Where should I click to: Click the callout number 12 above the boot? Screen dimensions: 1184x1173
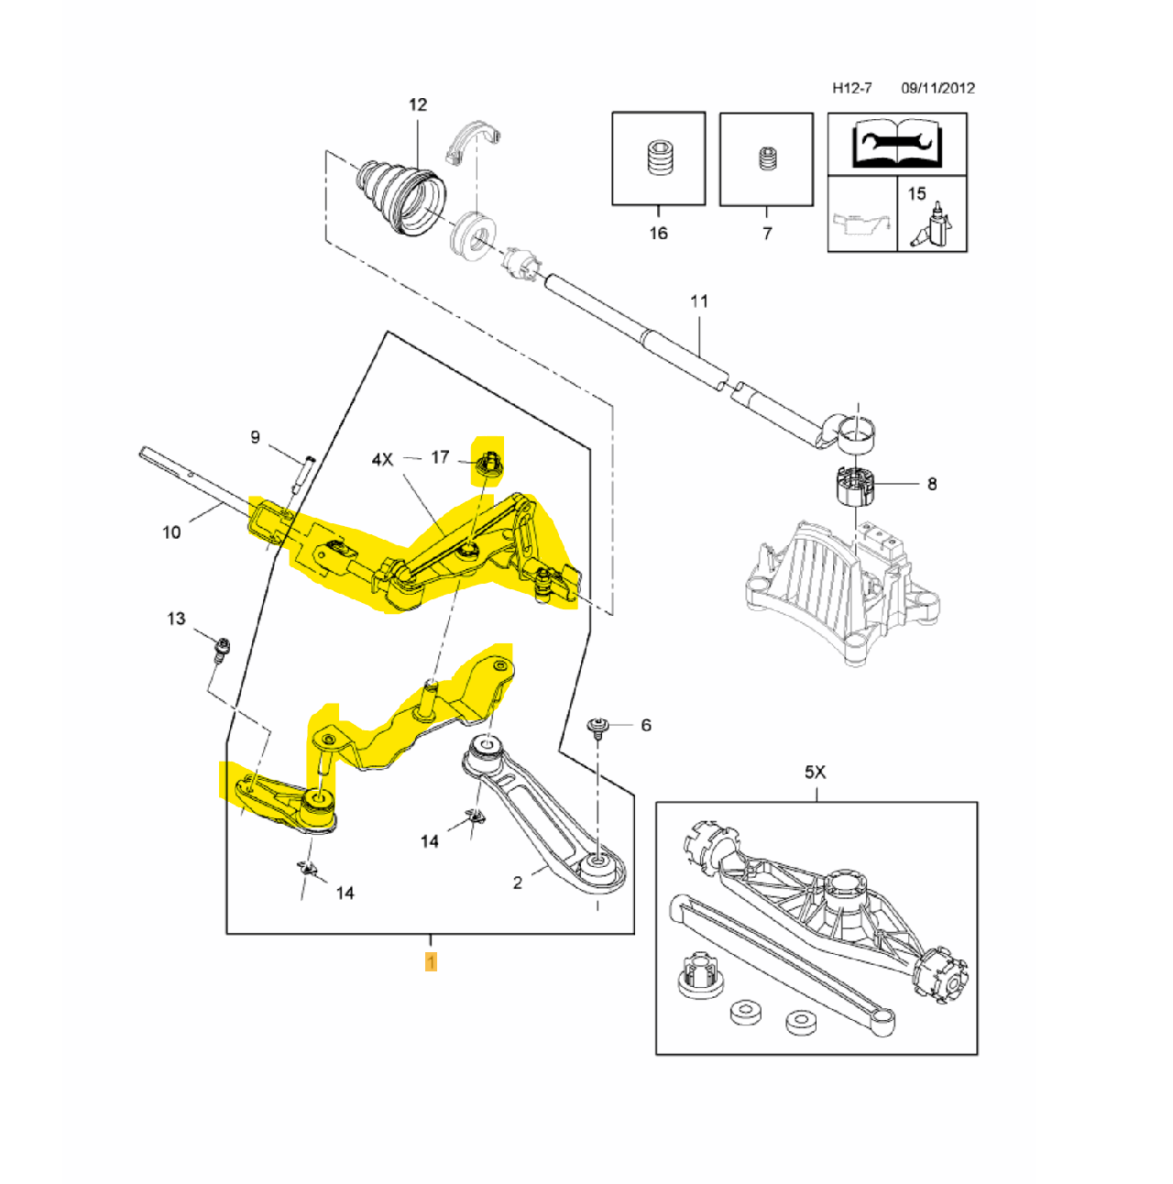pos(418,104)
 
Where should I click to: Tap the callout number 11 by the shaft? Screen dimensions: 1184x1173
pos(699,301)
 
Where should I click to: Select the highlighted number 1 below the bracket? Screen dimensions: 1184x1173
pos(431,961)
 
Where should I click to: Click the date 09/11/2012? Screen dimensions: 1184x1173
pos(937,88)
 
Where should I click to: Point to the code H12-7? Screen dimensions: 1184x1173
pos(851,88)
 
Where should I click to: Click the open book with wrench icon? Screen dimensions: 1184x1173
pos(897,143)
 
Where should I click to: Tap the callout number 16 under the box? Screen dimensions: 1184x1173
pos(658,233)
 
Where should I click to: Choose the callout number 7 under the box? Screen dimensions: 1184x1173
pos(767,233)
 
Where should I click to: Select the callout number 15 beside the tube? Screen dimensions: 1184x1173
pos(916,193)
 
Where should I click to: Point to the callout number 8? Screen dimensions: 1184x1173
pos(932,484)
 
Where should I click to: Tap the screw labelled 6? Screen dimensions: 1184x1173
pos(598,728)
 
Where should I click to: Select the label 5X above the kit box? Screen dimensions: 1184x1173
pos(815,773)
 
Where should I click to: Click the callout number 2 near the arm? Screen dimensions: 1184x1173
pos(518,883)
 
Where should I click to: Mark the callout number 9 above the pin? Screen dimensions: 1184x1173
pos(255,437)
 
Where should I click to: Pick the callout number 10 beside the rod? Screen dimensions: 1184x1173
pos(171,532)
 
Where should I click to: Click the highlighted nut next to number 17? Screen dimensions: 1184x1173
pos(488,464)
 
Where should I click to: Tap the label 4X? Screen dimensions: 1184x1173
pos(382,459)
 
